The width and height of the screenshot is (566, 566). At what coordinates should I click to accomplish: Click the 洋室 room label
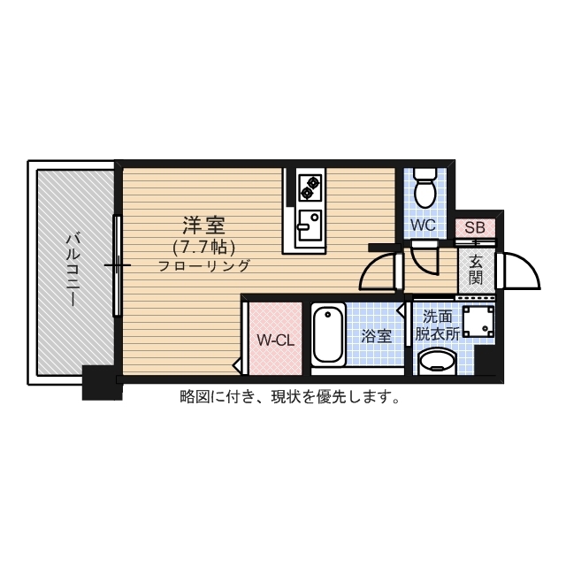203,224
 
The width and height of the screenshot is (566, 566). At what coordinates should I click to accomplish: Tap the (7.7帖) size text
204,246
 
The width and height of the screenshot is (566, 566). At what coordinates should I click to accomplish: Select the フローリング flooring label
204,265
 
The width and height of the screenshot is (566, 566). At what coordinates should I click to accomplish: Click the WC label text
424,226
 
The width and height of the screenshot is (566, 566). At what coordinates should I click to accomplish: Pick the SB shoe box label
475,227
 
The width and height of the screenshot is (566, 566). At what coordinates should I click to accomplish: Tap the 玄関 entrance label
476,270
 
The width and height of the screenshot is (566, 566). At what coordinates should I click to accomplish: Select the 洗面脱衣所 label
438,325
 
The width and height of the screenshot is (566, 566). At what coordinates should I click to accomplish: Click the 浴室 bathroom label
376,336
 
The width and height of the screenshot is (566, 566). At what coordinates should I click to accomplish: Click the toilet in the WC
424,187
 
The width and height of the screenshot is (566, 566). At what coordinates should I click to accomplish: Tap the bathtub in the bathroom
328,334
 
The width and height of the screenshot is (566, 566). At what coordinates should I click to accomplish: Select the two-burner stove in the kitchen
310,187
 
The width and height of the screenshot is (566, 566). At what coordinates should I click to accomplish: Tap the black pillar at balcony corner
101,382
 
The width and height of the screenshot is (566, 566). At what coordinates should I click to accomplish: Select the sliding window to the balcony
116,264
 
